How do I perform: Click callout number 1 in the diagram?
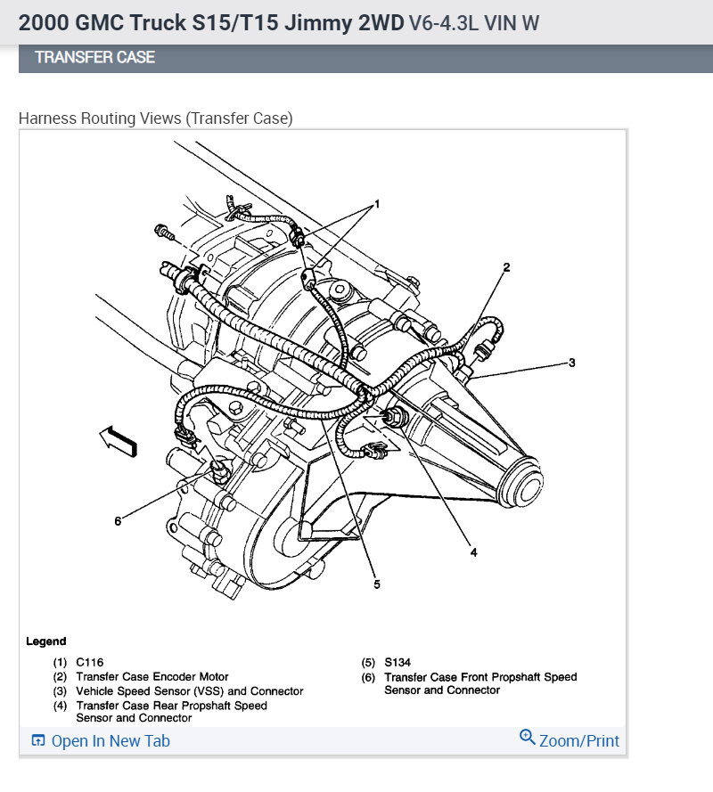coord(376,204)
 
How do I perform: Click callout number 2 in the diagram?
coord(506,266)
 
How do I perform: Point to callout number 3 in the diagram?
coord(572,363)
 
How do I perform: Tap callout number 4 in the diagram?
coord(473,551)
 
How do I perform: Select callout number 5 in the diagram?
coord(376,584)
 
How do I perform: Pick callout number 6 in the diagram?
coord(117,520)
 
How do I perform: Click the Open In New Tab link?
coord(110,741)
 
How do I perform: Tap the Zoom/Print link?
coord(578,741)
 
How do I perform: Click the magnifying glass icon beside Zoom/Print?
coord(527,738)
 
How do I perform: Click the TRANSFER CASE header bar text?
coord(94,57)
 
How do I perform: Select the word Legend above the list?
coord(45,641)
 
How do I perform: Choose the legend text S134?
coord(398,663)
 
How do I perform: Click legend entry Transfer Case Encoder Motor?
coord(152,677)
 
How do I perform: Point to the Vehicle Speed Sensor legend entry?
coord(189,691)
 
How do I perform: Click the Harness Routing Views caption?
coord(156,118)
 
